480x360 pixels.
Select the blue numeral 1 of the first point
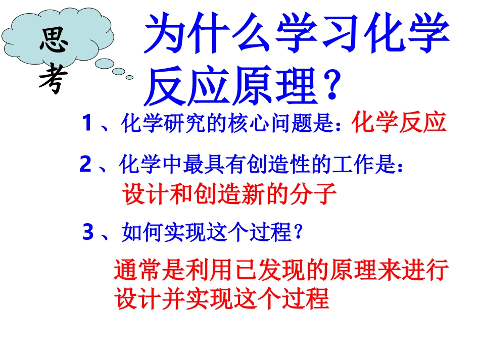87,123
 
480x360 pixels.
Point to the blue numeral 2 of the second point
85,165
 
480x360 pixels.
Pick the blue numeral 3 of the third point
88,233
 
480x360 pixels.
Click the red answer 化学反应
399,123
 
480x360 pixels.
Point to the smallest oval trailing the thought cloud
129,77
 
